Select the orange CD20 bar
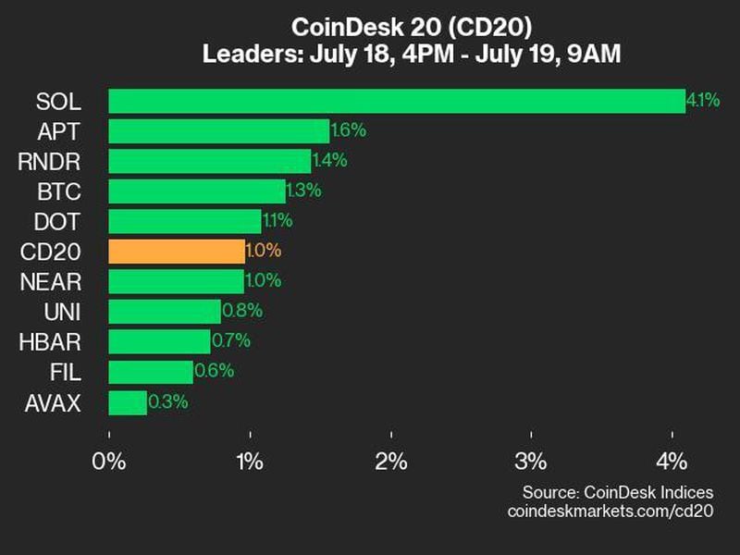click(177, 251)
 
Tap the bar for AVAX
click(128, 402)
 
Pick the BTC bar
click(197, 191)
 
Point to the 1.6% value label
click(349, 130)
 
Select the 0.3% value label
click(166, 402)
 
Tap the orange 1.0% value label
click(264, 251)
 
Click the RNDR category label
click(49, 161)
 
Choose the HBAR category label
click(50, 342)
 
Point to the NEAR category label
click(49, 281)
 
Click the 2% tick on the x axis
click(391, 462)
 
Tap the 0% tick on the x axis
click(110, 462)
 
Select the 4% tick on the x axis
click(672, 462)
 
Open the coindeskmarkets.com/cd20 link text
click(611, 511)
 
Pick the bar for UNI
click(165, 312)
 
